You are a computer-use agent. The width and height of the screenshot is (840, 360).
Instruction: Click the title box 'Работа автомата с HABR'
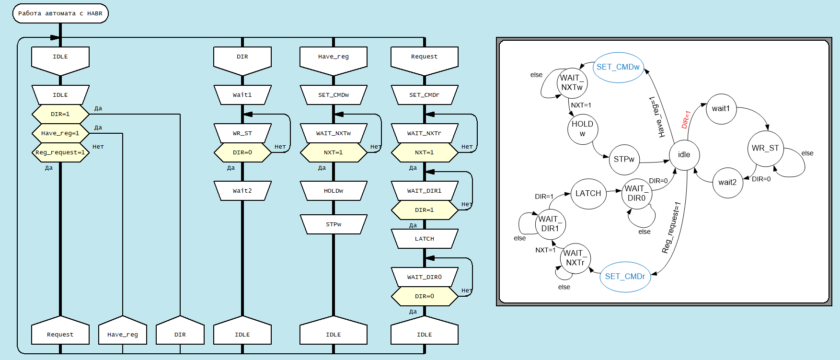[60, 13]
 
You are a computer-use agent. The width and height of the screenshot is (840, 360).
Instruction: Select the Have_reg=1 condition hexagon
[60, 133]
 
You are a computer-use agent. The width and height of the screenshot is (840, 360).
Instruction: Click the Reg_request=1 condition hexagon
[60, 152]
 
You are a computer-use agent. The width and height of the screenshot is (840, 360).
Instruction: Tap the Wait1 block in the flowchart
[242, 95]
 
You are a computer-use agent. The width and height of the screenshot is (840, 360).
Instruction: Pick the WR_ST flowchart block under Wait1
[242, 133]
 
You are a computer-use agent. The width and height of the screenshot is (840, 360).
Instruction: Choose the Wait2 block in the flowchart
[242, 191]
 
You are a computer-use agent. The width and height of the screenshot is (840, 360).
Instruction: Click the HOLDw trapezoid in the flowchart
[334, 191]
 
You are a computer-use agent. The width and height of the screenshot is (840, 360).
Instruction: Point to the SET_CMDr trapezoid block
[425, 95]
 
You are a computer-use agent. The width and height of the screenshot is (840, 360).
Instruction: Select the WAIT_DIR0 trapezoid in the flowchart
[425, 277]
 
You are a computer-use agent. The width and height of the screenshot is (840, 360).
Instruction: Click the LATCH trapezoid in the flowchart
[425, 239]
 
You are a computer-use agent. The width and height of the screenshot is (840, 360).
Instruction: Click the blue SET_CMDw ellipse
[618, 67]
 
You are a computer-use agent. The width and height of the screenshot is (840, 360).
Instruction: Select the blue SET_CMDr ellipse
[625, 277]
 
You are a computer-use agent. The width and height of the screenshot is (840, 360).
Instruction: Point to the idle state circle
[684, 155]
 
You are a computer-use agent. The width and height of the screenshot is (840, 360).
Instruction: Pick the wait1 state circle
[721, 109]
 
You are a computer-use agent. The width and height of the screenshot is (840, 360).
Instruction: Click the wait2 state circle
[727, 182]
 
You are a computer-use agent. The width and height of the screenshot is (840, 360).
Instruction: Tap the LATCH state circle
[588, 193]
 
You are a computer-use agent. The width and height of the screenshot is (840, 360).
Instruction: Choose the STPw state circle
[624, 159]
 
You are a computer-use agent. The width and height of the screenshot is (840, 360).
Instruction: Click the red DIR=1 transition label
[686, 119]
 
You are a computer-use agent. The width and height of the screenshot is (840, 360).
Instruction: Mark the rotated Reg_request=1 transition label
[671, 228]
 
